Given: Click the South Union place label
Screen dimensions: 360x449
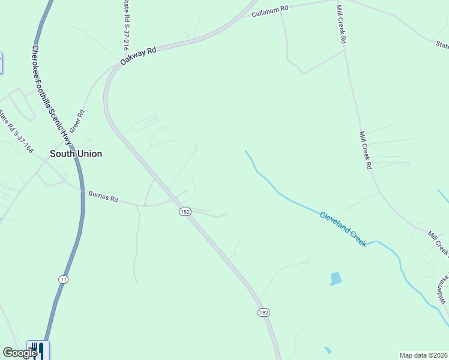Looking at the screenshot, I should pos(76,154).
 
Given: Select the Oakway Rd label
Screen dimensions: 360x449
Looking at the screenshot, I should pos(137,56).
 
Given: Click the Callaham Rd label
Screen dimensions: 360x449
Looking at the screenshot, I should pos(270,11).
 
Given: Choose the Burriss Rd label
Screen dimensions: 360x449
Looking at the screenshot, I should pos(103,196).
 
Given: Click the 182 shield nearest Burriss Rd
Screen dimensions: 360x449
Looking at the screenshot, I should pos(184,212).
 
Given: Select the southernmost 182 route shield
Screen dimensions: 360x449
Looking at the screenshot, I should pos(264,313).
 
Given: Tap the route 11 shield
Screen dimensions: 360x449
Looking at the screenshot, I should pos(63,279).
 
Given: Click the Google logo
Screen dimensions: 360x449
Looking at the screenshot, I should pos(19,353).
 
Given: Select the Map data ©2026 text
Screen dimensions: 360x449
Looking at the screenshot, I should pos(423,355).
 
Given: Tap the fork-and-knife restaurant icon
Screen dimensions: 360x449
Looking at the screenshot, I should pos(37,349).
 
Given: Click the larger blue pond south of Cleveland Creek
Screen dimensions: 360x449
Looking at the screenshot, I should pos(336,278).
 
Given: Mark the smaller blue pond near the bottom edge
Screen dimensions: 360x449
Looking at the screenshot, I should pos(327,350).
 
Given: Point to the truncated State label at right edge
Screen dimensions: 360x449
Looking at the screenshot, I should pos(442,44).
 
